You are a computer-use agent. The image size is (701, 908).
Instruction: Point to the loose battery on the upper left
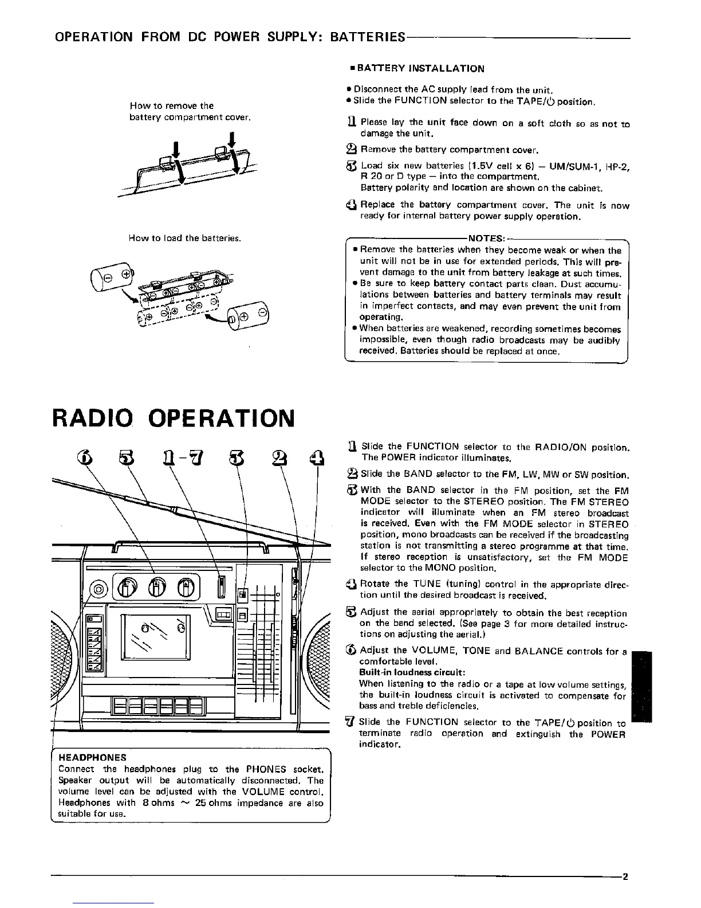pos(110,275)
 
